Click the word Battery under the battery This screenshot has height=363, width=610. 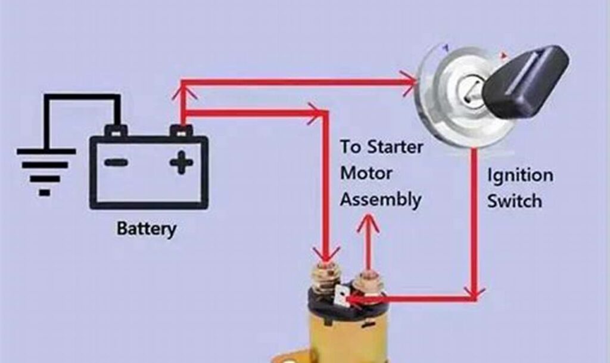pyautogui.click(x=147, y=228)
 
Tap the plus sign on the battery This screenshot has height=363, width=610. pyautogui.click(x=181, y=162)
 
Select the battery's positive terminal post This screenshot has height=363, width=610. pyautogui.click(x=181, y=130)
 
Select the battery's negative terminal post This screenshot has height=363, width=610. pyautogui.click(x=116, y=130)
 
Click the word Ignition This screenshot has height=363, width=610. pyautogui.click(x=519, y=176)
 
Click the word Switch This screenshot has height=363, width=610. pyautogui.click(x=515, y=201)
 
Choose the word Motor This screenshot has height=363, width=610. pyautogui.click(x=366, y=173)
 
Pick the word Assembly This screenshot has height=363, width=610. pyautogui.click(x=380, y=199)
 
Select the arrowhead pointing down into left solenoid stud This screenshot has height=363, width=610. pyautogui.click(x=325, y=253)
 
